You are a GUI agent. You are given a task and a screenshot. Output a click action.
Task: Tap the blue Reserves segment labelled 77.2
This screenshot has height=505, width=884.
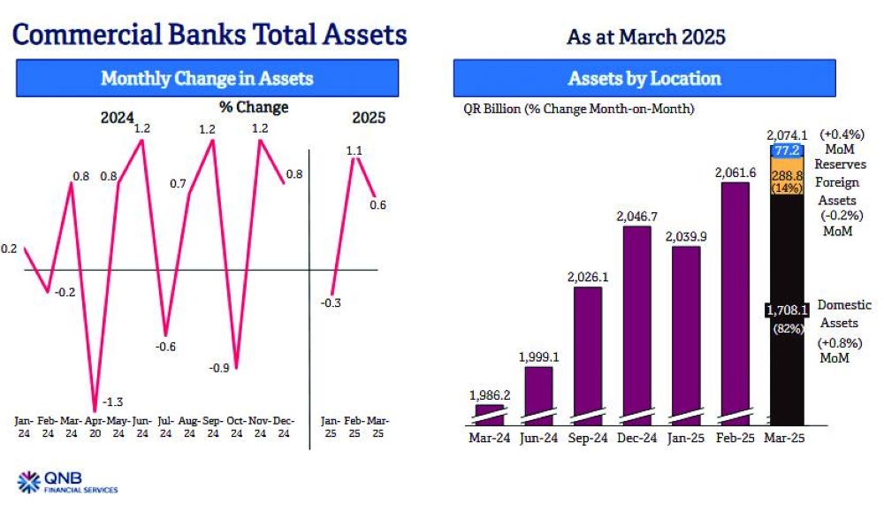click(x=787, y=151)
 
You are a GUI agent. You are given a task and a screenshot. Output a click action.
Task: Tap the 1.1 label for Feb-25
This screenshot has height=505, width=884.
click(x=354, y=150)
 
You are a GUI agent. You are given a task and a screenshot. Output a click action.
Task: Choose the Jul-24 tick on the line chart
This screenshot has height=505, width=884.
click(x=165, y=427)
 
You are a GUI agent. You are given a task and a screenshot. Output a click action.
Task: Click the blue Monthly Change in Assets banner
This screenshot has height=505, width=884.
click(x=207, y=79)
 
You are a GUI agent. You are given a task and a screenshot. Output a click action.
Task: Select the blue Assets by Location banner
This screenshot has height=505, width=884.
click(x=644, y=79)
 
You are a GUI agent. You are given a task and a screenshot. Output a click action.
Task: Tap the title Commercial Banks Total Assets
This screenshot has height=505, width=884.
click(x=211, y=34)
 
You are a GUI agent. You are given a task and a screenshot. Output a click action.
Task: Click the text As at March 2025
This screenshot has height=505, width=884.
click(x=644, y=38)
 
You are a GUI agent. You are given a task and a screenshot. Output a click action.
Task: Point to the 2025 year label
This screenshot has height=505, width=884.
click(x=369, y=118)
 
